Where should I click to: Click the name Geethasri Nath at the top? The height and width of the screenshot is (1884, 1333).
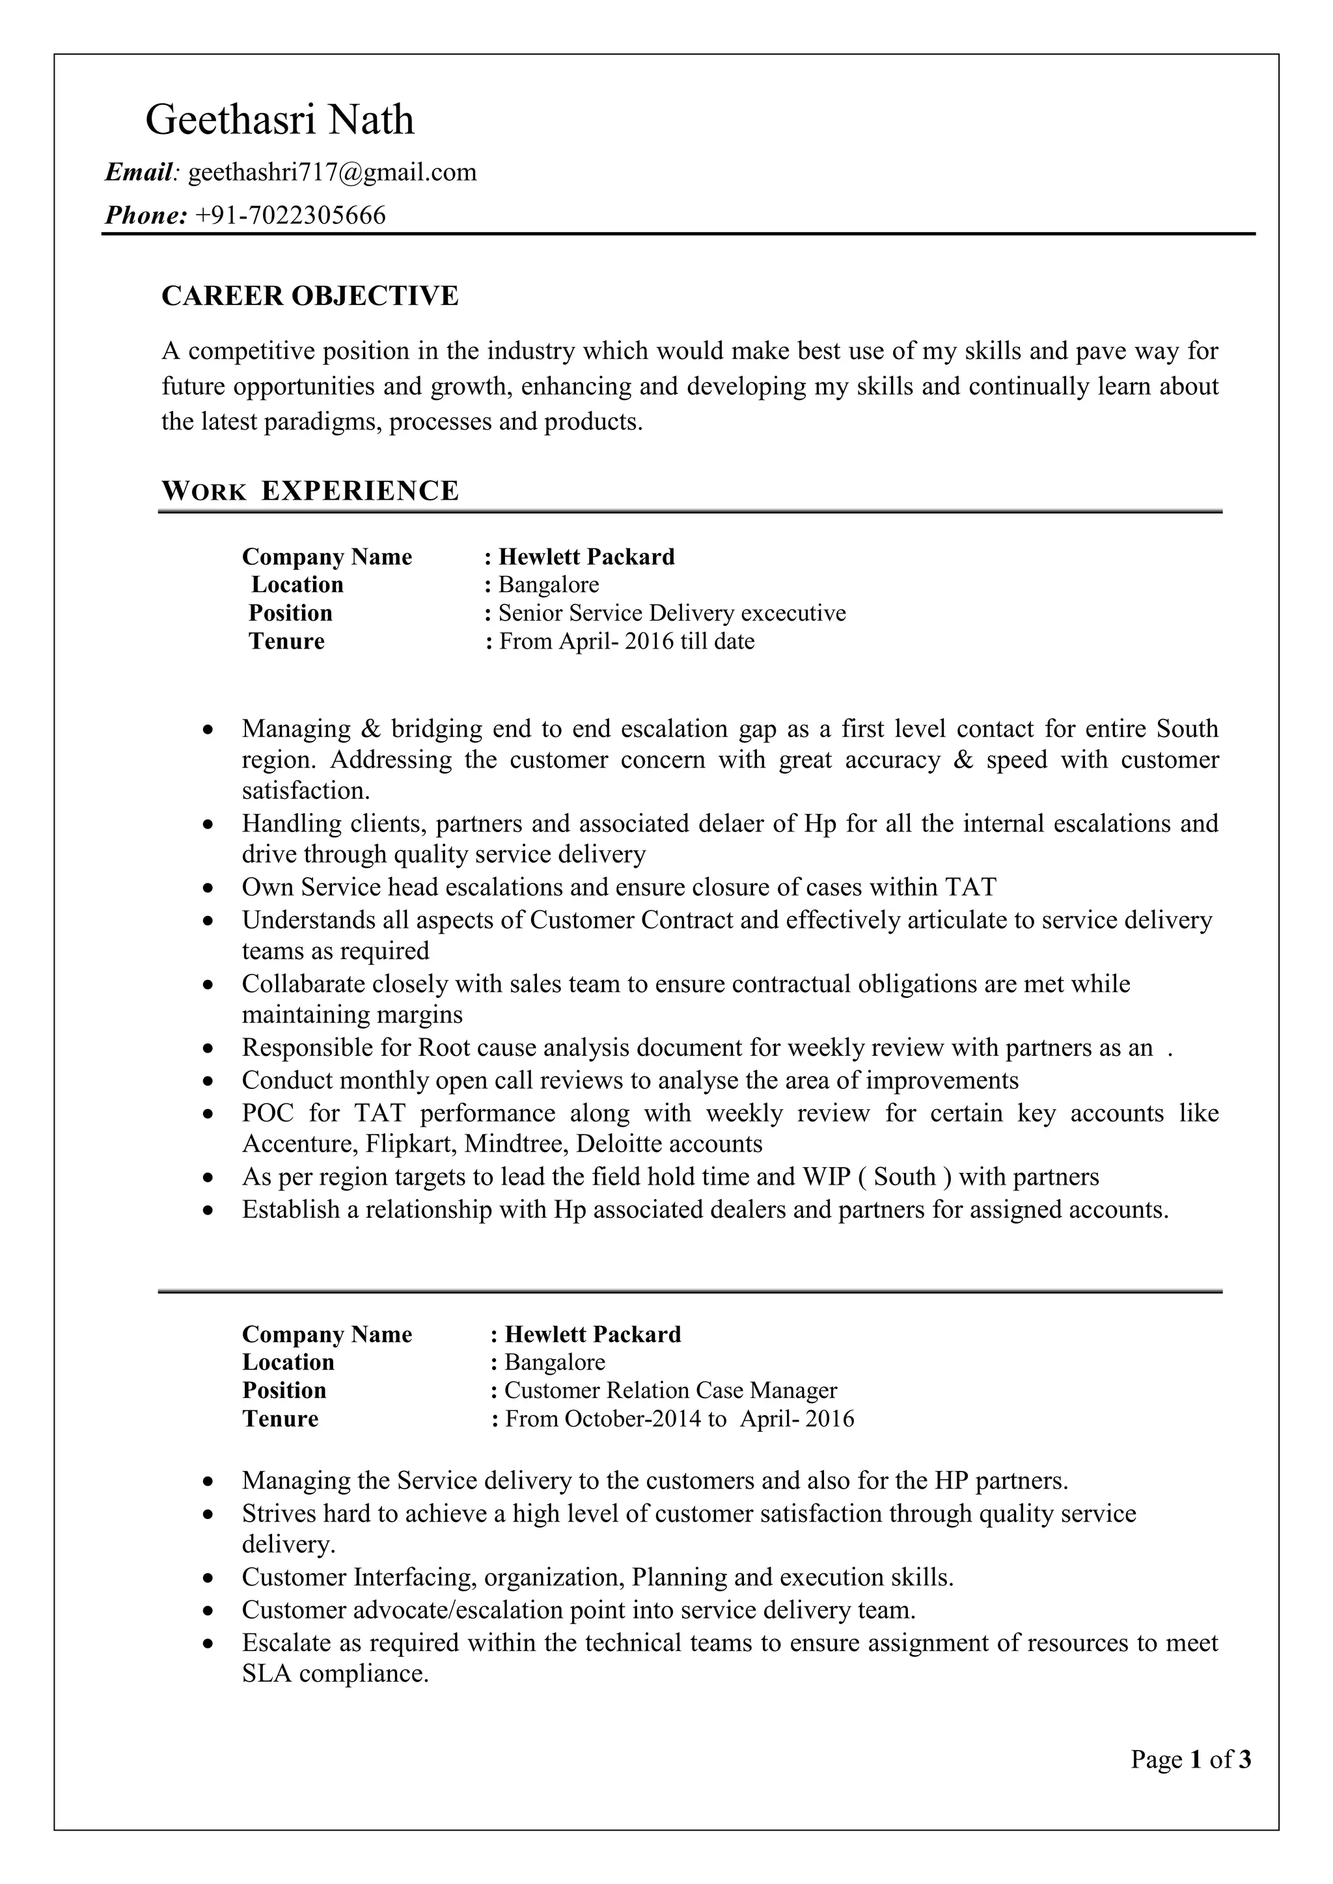tap(279, 120)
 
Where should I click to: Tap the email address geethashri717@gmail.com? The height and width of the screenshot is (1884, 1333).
tap(333, 172)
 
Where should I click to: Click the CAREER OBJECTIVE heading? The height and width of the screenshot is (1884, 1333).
tap(309, 295)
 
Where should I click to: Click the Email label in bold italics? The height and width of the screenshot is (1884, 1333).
tap(139, 172)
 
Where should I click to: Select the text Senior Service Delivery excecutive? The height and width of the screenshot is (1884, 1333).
tap(672, 613)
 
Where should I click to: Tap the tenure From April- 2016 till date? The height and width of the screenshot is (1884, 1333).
tap(626, 641)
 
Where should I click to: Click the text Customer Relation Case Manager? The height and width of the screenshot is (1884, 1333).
tap(670, 1390)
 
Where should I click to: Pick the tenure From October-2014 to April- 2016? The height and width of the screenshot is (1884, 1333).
tap(679, 1419)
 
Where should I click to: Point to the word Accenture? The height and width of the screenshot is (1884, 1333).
tap(299, 1144)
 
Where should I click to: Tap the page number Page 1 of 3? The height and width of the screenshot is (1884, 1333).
tap(1190, 1759)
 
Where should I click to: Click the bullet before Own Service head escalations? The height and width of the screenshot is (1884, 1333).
tap(210, 889)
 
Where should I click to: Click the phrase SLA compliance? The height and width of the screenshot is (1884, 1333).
tap(335, 1674)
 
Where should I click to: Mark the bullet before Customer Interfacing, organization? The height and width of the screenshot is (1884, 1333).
tap(210, 1579)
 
